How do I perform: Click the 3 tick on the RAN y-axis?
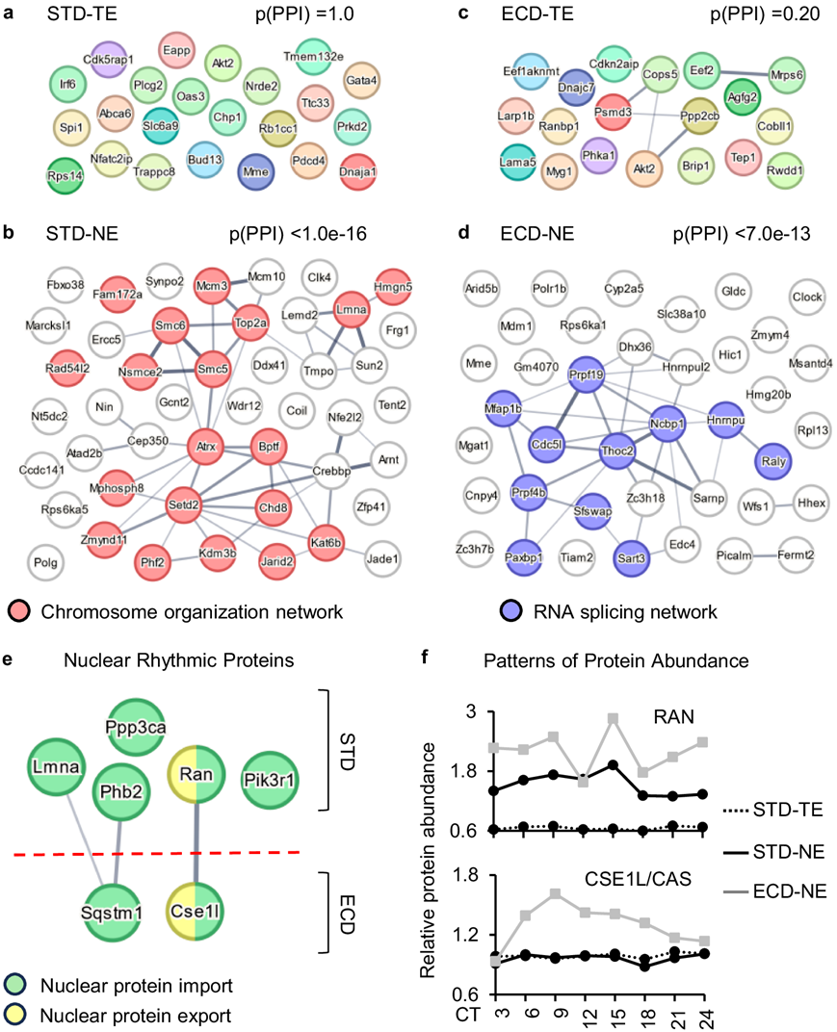point(473,712)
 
